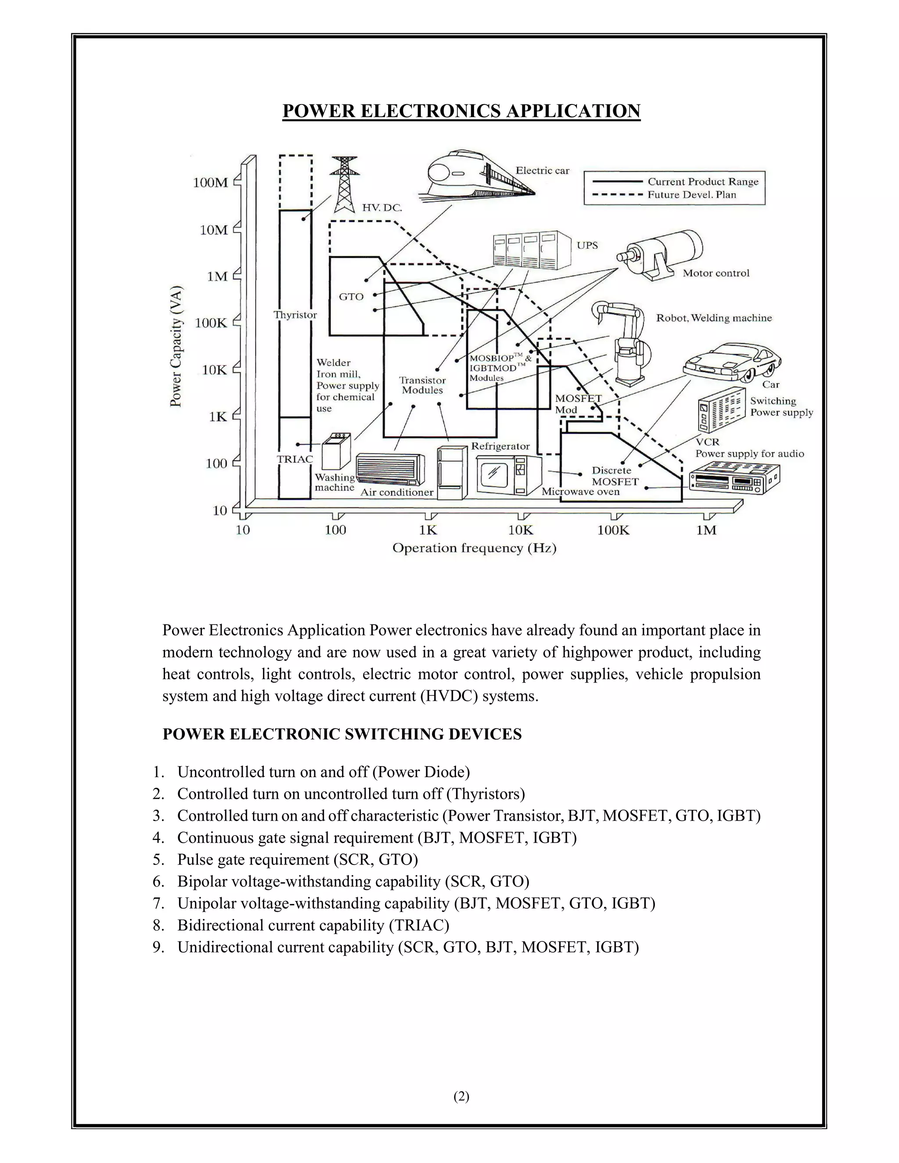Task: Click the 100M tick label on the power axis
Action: pyautogui.click(x=210, y=183)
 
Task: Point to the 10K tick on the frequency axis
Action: pyautogui.click(x=520, y=530)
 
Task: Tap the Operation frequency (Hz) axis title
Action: pyautogui.click(x=474, y=549)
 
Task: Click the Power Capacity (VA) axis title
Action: pyautogui.click(x=176, y=347)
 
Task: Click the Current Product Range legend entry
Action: pyautogui.click(x=702, y=182)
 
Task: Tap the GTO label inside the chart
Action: pyautogui.click(x=351, y=297)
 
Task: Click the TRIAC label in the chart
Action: pyautogui.click(x=295, y=459)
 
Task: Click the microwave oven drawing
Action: pyautogui.click(x=509, y=475)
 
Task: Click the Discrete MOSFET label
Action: pyautogui.click(x=615, y=476)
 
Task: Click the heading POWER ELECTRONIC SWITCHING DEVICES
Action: pyautogui.click(x=342, y=734)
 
